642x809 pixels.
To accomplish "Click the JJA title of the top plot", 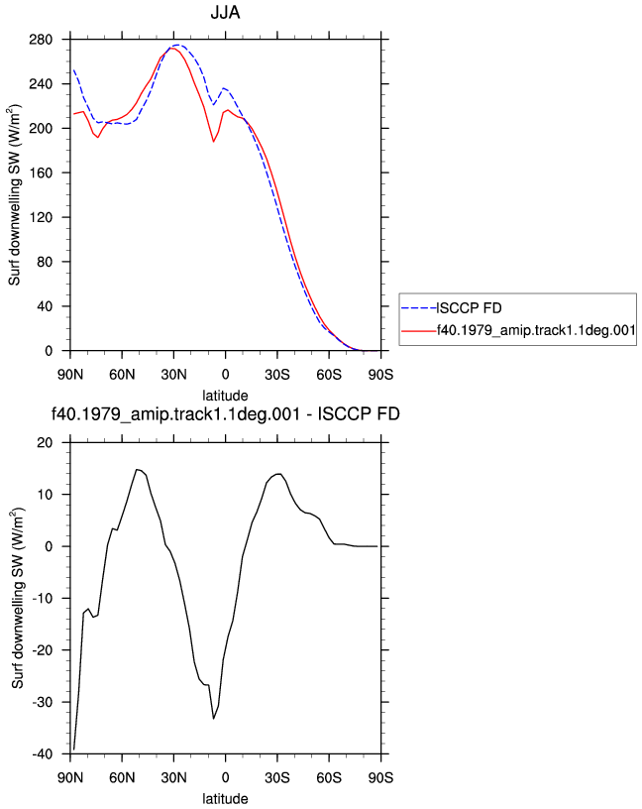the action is pos(225,12).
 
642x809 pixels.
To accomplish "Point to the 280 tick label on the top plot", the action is pos(41,40).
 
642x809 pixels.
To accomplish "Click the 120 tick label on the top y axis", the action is pos(41,217).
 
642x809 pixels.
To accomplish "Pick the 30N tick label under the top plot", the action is pos(173,375).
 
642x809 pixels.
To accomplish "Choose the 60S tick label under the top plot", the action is pos(329,375).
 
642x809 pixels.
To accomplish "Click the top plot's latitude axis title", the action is pos(225,396).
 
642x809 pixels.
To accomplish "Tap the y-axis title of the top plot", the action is pos(15,195).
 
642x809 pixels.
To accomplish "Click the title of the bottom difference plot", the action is pos(225,413).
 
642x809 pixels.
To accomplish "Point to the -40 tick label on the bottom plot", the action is pos(43,754).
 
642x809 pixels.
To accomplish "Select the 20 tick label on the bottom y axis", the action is pos(45,443).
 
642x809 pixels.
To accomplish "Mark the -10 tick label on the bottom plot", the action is pos(43,599).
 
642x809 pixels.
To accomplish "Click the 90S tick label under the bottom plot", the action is pos(380,778).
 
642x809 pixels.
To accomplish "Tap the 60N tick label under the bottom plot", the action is pos(122,778).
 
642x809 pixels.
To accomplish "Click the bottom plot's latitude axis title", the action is pos(225,799).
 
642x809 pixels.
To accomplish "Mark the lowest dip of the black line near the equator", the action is pos(213,718).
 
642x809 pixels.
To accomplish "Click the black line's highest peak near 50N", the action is pos(137,470).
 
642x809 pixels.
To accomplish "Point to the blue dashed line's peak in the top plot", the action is pos(177,46).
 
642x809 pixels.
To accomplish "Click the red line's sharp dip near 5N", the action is pos(213,142).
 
